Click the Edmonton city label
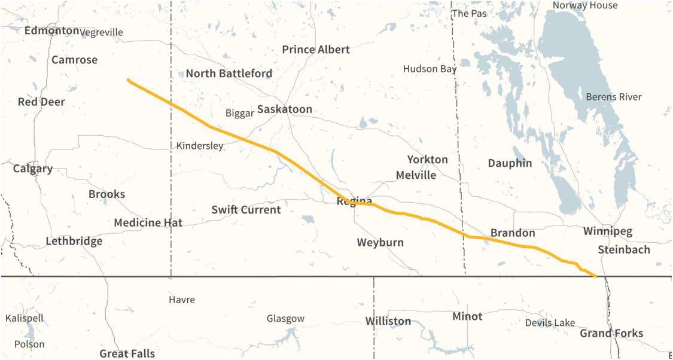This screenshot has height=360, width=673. pos(51,30)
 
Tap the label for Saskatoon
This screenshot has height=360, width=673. pos(285,109)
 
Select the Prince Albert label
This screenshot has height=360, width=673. pos(316,50)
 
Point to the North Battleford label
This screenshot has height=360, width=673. pos(229,74)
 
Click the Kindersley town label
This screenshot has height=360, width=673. pos(200,146)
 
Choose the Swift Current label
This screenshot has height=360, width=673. pos(246,210)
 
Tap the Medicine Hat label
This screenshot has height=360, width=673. pos(148,223)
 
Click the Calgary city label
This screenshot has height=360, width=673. pos(33,169)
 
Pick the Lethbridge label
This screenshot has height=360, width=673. pos(74,242)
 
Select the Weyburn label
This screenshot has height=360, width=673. pos(380,243)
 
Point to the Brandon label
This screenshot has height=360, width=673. pos(513,233)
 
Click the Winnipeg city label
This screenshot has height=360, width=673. pos(608,231)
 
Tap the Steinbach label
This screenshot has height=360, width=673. pos(623,250)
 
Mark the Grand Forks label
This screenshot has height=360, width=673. pos(611,334)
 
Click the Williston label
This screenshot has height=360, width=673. pos(388,322)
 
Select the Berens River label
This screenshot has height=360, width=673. pos(614,97)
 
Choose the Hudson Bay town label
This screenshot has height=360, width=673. pos(430,69)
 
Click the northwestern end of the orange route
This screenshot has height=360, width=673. pos(128,80)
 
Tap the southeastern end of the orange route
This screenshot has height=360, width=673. pos(595,276)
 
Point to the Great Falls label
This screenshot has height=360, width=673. pos(127,353)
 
